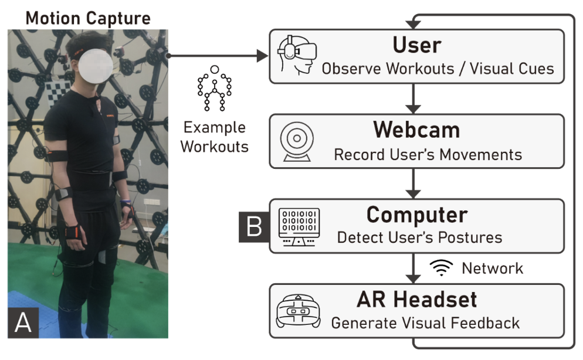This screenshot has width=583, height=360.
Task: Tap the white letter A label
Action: click(x=23, y=322)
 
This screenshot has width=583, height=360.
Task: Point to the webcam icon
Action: click(x=296, y=141)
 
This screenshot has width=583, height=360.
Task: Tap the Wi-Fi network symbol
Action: click(x=441, y=269)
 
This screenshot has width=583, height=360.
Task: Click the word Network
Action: click(x=492, y=269)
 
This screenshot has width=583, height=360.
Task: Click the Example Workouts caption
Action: click(x=214, y=137)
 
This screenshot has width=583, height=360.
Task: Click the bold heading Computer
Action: click(x=417, y=215)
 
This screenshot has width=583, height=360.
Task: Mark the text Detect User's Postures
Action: click(x=419, y=237)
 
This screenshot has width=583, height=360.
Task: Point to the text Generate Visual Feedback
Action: click(x=425, y=322)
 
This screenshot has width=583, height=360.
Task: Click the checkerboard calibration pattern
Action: click(x=59, y=90)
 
